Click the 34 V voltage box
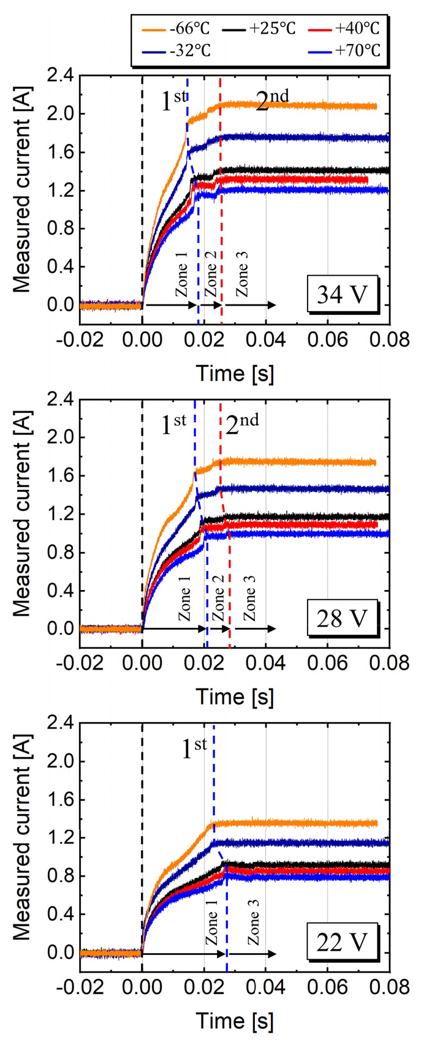coord(342,295)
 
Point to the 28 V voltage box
coord(342,619)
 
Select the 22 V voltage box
coord(342,942)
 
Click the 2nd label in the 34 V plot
coord(271,100)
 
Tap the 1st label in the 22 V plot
coord(194,749)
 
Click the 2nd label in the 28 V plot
coord(241,424)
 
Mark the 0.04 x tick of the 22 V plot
coord(265,986)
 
